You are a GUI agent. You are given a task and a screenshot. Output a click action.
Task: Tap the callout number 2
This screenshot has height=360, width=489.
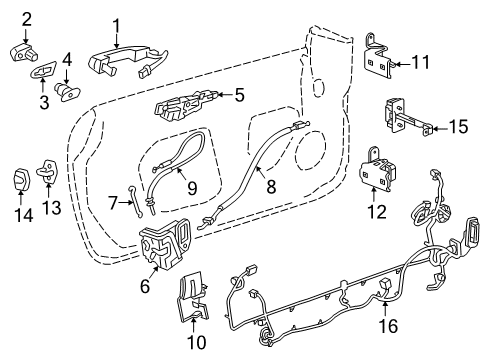pos(27,17)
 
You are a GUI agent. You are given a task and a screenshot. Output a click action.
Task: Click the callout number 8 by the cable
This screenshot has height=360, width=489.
pos(270,184)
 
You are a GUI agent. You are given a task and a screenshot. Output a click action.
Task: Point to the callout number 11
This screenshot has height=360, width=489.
pos(423,63)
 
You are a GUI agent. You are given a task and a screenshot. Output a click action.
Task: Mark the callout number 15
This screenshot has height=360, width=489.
pos(457,126)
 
